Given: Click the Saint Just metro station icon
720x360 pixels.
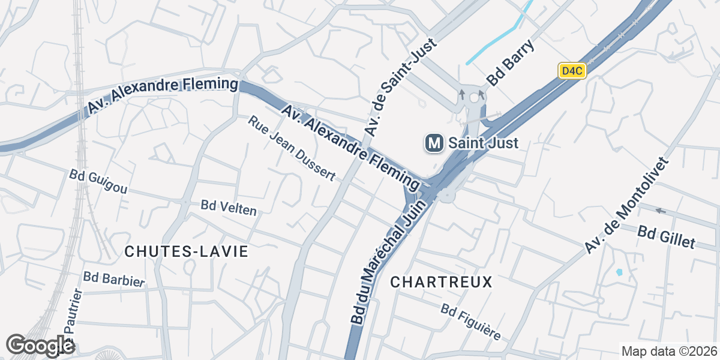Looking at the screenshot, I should (x=434, y=143).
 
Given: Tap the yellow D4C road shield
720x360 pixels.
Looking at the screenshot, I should (x=571, y=71).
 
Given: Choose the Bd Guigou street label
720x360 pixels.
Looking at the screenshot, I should (x=98, y=181).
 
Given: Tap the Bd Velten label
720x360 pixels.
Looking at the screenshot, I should (x=229, y=208).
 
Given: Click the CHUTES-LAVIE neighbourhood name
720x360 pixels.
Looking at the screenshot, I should (x=186, y=252).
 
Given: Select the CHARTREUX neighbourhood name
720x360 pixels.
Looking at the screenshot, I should (x=441, y=281).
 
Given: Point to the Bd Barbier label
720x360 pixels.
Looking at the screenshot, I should (x=115, y=279).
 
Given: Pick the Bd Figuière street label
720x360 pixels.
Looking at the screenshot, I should (x=470, y=322).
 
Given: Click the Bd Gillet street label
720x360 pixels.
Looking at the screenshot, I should (x=666, y=237).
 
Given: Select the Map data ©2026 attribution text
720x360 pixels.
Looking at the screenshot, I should (x=668, y=351).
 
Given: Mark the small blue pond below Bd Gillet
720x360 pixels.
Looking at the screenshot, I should (x=619, y=272).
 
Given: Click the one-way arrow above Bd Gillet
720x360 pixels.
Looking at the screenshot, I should (x=661, y=211).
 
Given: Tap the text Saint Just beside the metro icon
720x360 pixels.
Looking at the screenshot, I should (x=483, y=143).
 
